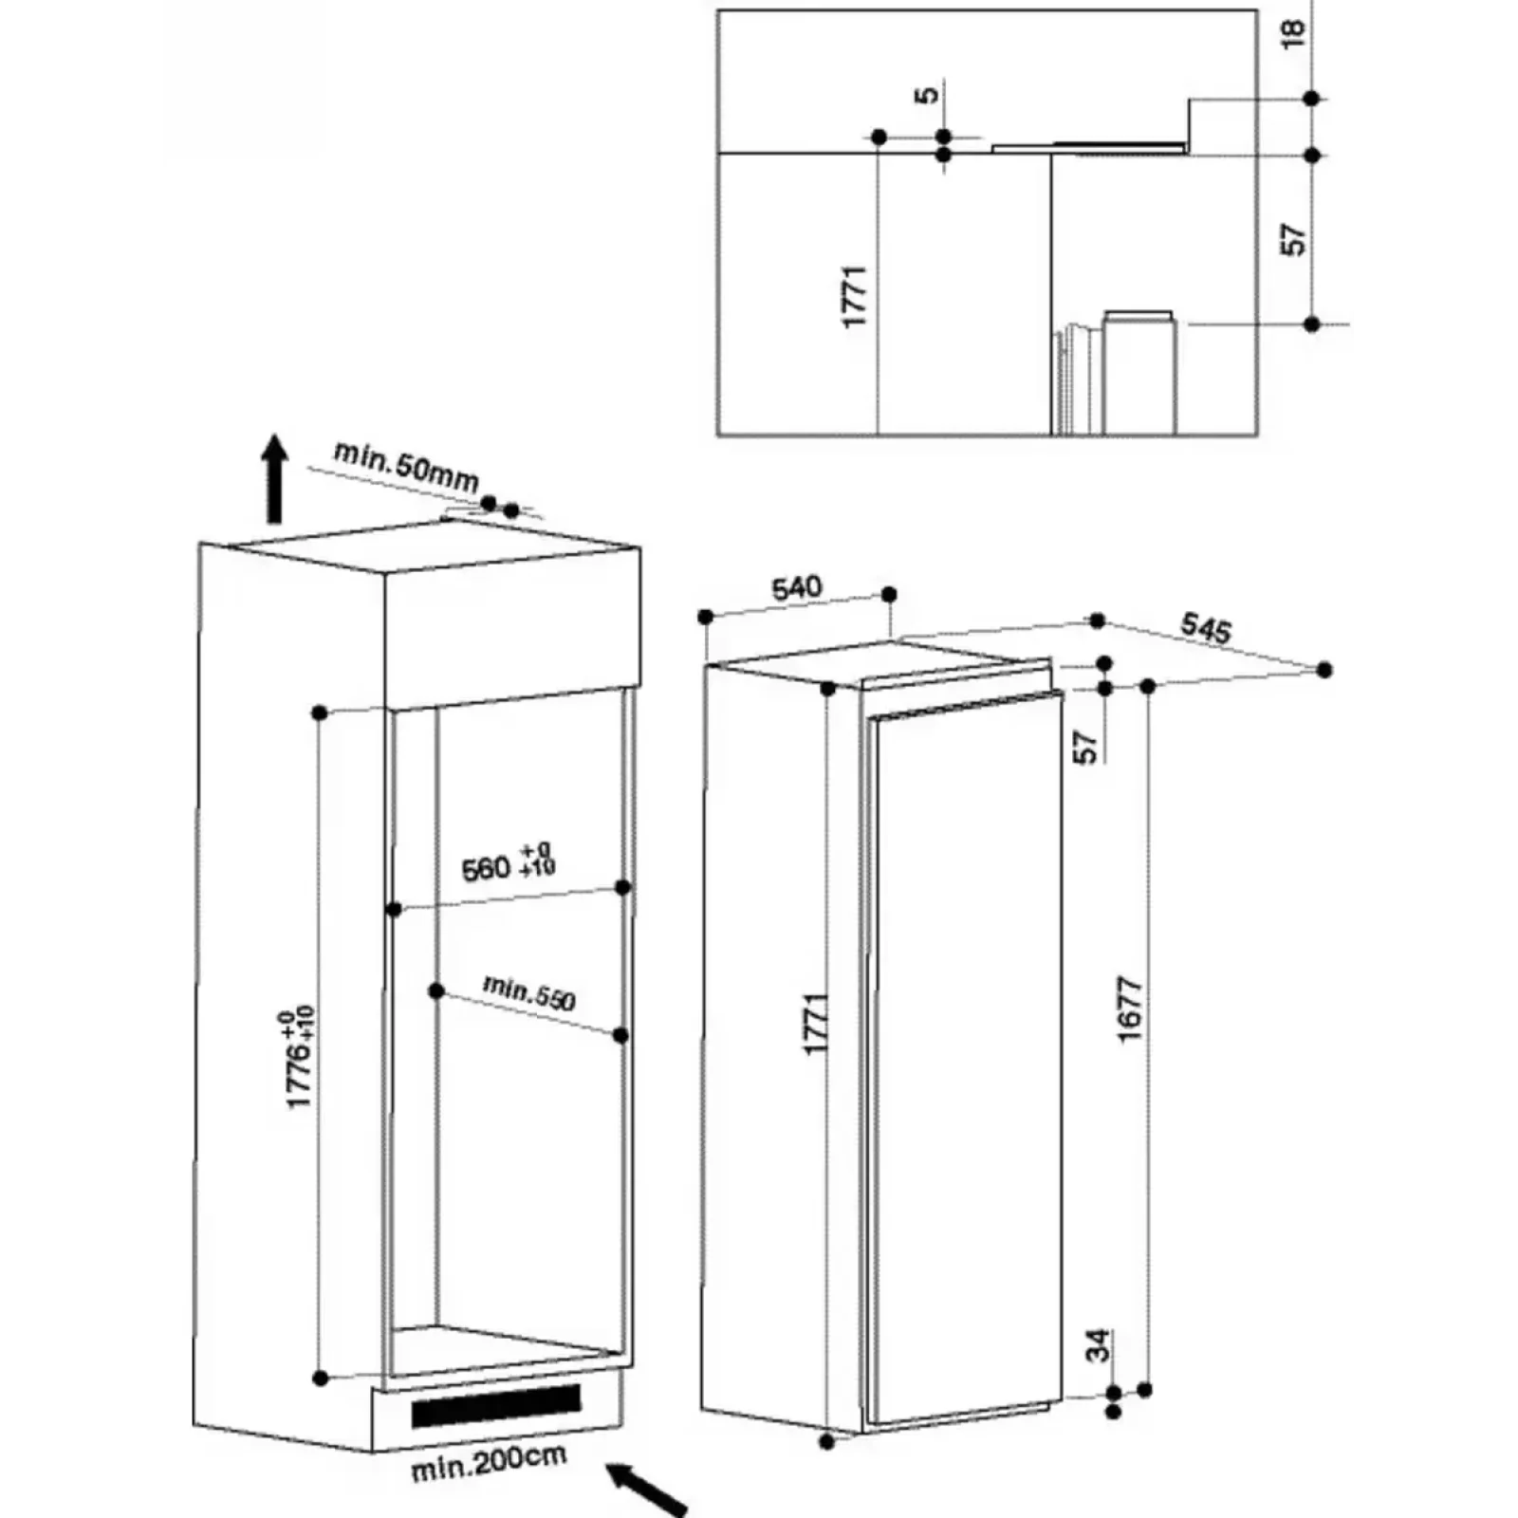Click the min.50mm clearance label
point(406,466)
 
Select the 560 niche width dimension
point(509,862)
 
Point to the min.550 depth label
point(529,992)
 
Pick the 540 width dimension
point(796,588)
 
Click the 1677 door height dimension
point(1130,1009)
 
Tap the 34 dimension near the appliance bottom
point(1098,1345)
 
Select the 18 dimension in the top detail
point(1293,32)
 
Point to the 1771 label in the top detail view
point(855,296)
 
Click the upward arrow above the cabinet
point(275,479)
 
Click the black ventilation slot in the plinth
point(496,1405)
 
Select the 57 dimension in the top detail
point(1293,239)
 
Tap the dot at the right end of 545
point(1324,670)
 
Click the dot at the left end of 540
point(705,617)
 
